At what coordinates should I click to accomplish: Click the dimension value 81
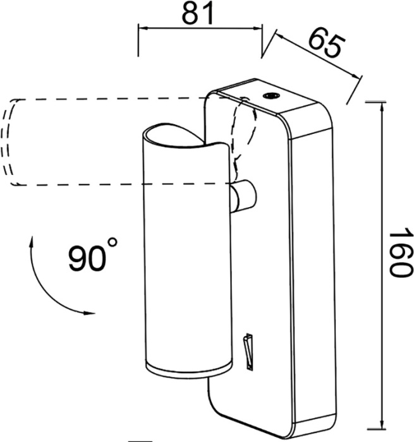[197, 13]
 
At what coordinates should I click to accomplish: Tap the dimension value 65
[327, 44]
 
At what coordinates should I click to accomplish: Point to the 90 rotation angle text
[87, 258]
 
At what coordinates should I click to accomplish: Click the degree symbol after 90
[113, 242]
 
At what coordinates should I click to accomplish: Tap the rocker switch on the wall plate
[248, 351]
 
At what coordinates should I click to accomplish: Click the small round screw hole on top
[271, 96]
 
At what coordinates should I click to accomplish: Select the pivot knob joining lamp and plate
[243, 196]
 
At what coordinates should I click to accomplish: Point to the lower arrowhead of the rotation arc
[90, 313]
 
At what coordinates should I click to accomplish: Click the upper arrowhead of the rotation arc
[32, 242]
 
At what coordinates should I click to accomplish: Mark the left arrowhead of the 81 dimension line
[143, 28]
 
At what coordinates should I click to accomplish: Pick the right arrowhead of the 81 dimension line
[257, 28]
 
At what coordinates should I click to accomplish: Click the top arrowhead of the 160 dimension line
[382, 108]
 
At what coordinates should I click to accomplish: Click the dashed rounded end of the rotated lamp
[9, 142]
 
